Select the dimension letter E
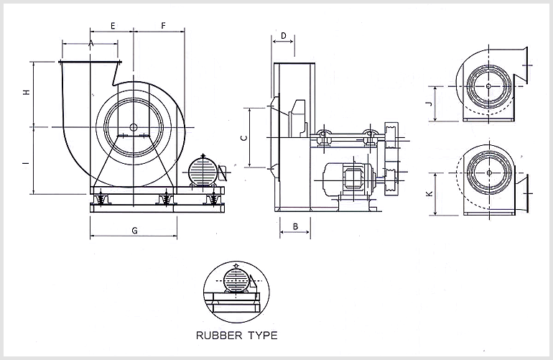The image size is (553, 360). (x=113, y=26)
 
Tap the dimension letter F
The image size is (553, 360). (x=163, y=26)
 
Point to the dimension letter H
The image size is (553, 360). (x=26, y=93)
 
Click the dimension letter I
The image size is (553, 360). (x=26, y=163)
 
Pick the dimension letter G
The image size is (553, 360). (x=134, y=230)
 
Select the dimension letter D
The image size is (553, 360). (x=284, y=35)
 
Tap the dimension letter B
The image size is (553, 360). (x=295, y=226)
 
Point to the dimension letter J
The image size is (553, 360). (x=429, y=104)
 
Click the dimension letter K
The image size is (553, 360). (x=429, y=194)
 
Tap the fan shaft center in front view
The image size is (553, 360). (x=134, y=128)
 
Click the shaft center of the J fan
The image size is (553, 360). (x=488, y=86)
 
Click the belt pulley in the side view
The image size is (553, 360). (x=391, y=154)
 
